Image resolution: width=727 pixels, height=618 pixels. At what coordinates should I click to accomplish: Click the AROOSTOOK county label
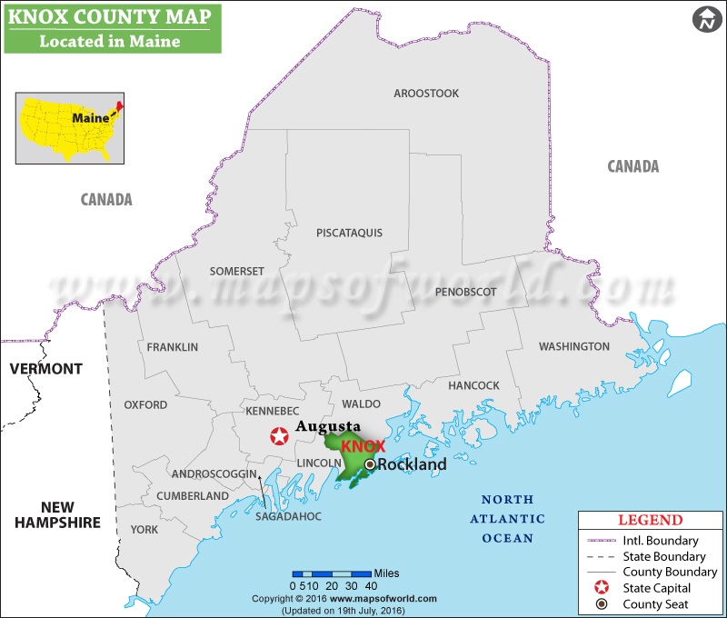click(426, 94)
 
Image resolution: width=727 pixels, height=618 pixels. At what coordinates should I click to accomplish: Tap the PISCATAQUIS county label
click(349, 233)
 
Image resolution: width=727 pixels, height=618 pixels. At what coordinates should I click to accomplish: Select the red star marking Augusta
click(280, 436)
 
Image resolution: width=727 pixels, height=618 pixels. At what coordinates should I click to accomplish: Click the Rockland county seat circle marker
click(370, 464)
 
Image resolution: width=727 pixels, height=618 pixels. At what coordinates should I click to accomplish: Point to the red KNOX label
click(363, 446)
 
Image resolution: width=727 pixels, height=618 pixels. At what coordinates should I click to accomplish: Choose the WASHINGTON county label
click(573, 346)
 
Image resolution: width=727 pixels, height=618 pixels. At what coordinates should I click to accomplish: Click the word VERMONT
click(45, 369)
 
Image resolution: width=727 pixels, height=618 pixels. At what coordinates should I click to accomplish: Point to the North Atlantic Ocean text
click(513, 519)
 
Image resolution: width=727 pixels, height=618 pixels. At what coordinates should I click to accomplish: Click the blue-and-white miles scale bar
click(332, 573)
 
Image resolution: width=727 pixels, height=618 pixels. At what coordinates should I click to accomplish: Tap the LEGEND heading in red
click(650, 521)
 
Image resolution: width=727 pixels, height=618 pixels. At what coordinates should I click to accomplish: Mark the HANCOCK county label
click(473, 385)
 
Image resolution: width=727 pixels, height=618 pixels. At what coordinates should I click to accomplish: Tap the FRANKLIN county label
click(172, 347)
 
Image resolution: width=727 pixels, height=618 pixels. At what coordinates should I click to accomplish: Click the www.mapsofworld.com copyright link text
click(383, 599)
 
